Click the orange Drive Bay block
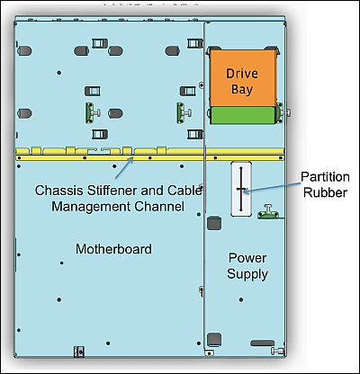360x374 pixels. pyautogui.click(x=242, y=78)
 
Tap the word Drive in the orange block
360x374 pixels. pyautogui.click(x=242, y=74)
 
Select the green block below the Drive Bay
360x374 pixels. pyautogui.click(x=242, y=115)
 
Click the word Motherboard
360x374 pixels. pyautogui.click(x=113, y=249)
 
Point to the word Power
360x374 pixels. pyautogui.click(x=247, y=258)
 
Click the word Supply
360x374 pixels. pyautogui.click(x=247, y=274)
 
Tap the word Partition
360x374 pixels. pyautogui.click(x=325, y=177)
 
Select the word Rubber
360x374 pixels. pyautogui.click(x=325, y=192)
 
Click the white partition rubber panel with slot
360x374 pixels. pyautogui.click(x=241, y=189)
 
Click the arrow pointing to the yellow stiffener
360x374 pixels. pyautogui.click(x=124, y=167)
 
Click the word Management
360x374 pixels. pyautogui.click(x=91, y=207)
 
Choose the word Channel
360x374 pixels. pyautogui.click(x=159, y=207)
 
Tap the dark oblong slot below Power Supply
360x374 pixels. pyautogui.click(x=263, y=343)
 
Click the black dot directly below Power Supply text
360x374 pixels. pyautogui.click(x=241, y=299)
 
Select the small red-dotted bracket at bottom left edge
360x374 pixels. pyautogui.click(x=79, y=352)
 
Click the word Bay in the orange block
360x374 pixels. pyautogui.click(x=242, y=90)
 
